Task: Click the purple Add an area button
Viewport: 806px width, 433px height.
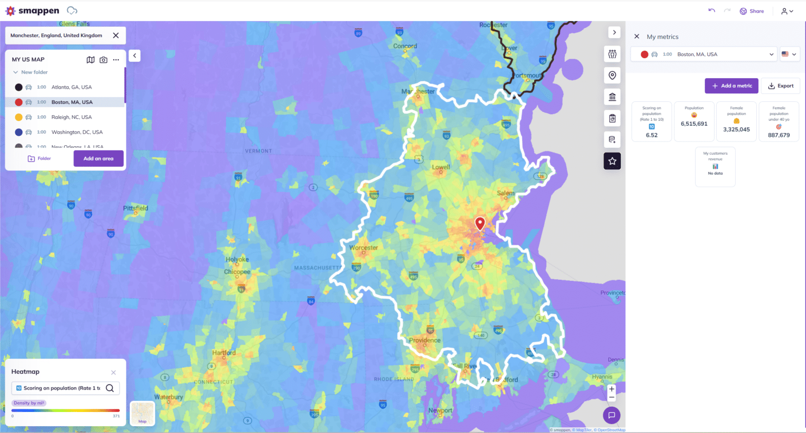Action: click(98, 158)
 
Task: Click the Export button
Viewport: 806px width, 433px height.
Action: click(780, 86)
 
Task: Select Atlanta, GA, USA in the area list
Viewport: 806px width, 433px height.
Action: click(71, 87)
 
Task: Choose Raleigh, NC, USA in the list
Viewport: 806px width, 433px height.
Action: click(71, 117)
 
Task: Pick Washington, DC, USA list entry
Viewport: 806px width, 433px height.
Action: click(77, 132)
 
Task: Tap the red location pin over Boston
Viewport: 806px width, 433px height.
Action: click(480, 223)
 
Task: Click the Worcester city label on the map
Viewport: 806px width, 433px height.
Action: click(364, 248)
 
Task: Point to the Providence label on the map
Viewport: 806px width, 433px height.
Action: click(425, 340)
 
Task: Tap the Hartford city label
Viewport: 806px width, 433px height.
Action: click(224, 353)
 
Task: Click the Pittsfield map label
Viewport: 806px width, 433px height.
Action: click(135, 208)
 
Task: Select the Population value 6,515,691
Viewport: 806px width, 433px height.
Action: click(694, 124)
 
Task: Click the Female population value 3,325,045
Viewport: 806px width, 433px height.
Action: click(736, 129)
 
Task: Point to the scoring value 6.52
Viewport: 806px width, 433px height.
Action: click(652, 135)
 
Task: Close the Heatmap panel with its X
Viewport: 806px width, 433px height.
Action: click(113, 372)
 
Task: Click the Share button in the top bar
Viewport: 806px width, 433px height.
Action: click(751, 11)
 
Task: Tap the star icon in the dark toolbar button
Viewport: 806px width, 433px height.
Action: click(612, 161)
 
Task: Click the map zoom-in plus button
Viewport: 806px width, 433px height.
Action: click(611, 389)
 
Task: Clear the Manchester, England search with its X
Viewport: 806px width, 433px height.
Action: click(116, 36)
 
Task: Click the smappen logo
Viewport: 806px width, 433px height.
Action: click(33, 11)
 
